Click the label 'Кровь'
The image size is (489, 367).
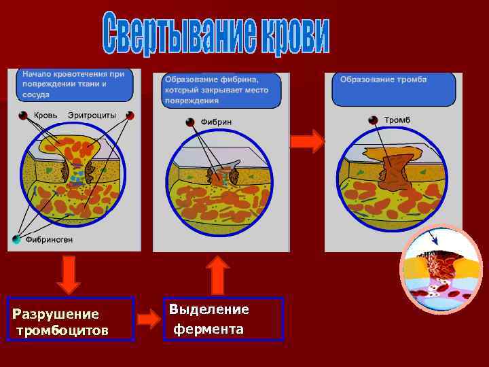pos(46,116)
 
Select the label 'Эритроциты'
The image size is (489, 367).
pos(92,116)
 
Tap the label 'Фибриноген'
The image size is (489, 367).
pos(49,239)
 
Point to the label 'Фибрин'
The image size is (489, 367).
pos(216,122)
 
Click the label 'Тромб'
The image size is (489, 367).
pos(397,120)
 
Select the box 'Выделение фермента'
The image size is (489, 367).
pos(223,319)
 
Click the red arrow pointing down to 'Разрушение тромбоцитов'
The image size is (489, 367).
pos(69,275)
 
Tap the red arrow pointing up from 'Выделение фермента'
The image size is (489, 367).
pos(217,275)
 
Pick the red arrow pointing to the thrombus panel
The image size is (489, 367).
pos(307,141)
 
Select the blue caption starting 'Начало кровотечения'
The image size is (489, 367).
pos(73,84)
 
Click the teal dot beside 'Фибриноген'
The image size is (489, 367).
pos(17,239)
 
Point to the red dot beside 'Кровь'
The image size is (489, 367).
pos(24,116)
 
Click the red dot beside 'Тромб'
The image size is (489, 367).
pos(373,120)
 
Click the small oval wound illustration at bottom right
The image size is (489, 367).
pos(441,269)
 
